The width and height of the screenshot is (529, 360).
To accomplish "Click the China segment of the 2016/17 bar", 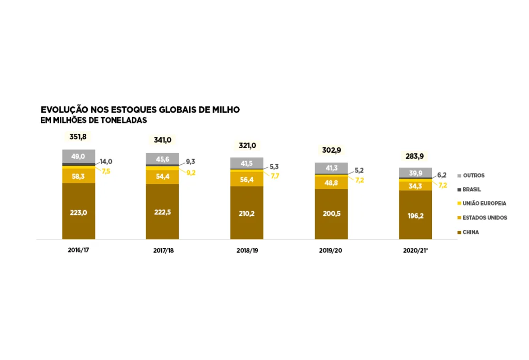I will (x=79, y=211).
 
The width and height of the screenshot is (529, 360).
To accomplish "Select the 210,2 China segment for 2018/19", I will (x=246, y=213).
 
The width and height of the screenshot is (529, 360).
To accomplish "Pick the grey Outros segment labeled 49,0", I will (x=79, y=156).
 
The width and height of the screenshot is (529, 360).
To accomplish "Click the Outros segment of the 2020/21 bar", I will (x=415, y=173).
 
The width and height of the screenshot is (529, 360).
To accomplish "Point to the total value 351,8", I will (x=79, y=137).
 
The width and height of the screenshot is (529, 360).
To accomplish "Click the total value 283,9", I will (x=415, y=155).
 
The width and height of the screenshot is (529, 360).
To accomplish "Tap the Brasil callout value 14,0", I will (x=105, y=162).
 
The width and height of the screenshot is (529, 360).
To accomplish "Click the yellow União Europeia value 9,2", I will (x=191, y=173).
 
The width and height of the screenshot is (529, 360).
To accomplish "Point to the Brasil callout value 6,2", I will (x=442, y=175).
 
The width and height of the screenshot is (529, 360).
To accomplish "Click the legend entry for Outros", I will (x=473, y=176).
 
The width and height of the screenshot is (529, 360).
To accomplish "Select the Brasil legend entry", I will (x=472, y=190).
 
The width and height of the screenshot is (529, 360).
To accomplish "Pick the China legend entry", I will (x=471, y=232).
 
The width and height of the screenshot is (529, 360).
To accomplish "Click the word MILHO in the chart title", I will (x=225, y=110).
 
